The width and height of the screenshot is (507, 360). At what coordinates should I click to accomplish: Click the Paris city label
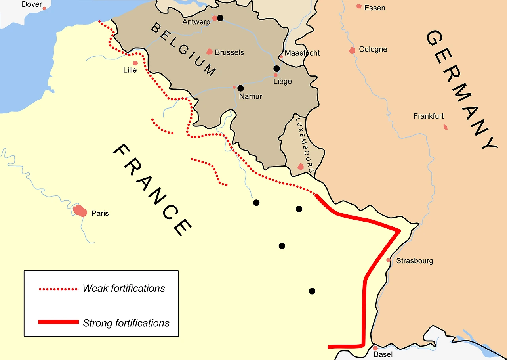(100, 213)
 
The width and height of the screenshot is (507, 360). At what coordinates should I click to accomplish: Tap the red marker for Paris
(80, 211)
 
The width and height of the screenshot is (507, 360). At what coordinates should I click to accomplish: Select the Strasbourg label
(415, 261)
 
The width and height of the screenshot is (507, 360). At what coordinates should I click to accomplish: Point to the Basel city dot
(375, 348)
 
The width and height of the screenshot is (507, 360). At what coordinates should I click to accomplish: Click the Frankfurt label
(429, 116)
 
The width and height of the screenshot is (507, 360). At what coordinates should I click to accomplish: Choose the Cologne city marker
(352, 50)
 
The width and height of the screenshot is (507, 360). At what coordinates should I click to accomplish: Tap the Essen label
(374, 8)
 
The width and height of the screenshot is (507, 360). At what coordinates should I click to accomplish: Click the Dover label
(32, 4)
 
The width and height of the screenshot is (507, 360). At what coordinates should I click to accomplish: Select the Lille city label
(130, 70)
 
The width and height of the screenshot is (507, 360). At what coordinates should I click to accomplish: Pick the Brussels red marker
(210, 52)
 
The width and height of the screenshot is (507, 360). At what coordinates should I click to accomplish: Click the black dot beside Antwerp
(220, 18)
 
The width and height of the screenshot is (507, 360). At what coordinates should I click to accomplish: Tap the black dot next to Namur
(240, 88)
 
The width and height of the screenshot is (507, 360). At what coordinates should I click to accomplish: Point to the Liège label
(283, 82)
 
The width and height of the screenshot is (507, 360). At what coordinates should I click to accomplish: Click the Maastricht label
(302, 53)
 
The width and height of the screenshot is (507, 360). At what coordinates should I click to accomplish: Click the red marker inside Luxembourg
(301, 167)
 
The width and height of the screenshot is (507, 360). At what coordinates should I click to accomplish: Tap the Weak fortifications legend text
(124, 288)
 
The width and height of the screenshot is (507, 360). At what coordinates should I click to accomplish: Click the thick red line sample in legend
(58, 322)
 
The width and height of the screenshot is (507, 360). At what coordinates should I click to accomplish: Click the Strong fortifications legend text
(126, 323)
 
